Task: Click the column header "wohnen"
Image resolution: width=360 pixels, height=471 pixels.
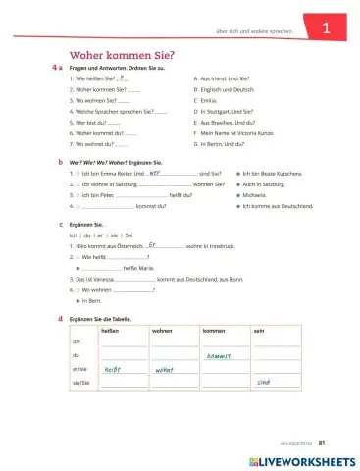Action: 162,332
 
